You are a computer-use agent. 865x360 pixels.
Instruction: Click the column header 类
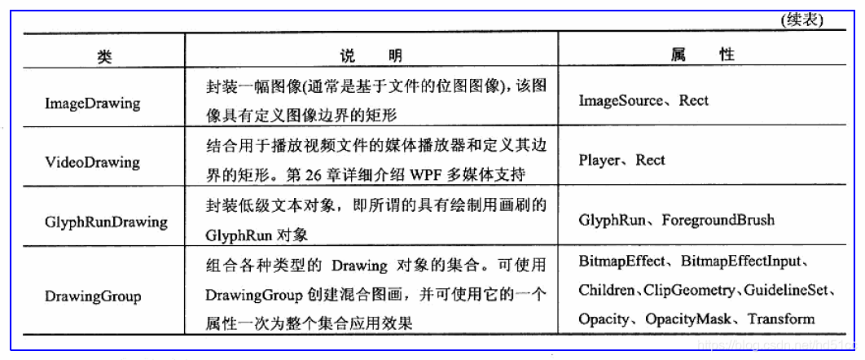[103, 56]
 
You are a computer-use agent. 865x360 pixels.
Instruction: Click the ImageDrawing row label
[92, 103]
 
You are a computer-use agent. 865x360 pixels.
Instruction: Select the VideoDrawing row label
[92, 162]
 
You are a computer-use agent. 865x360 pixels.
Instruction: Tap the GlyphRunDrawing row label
[106, 222]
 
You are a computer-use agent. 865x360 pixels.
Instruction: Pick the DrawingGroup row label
[92, 296]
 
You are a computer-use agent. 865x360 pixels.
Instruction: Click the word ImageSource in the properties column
[617, 100]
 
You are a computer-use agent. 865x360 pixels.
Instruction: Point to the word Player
[599, 160]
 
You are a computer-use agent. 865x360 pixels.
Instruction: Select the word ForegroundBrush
[718, 220]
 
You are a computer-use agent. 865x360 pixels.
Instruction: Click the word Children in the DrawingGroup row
[607, 290]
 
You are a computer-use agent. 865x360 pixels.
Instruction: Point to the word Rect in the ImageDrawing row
[694, 100]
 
